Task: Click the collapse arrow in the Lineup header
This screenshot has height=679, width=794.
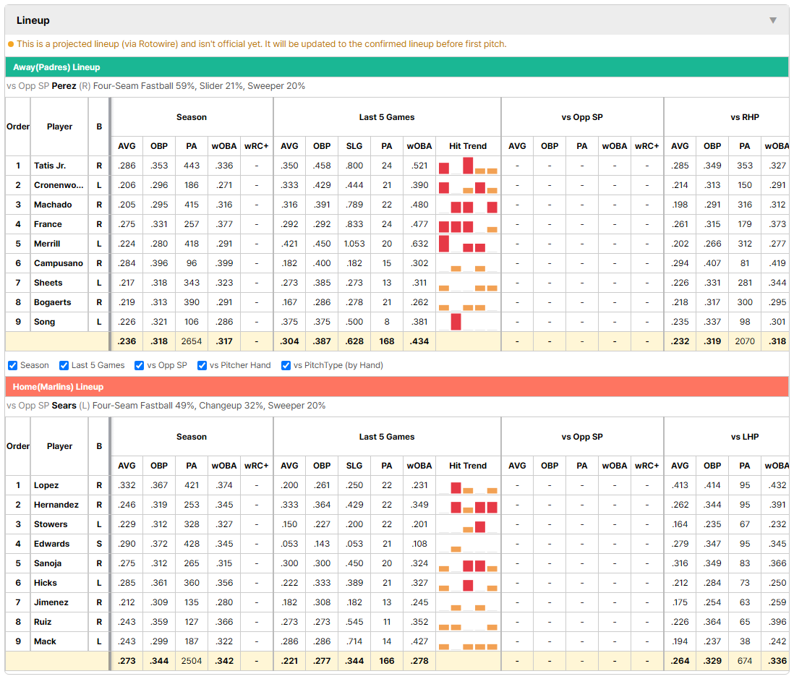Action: [773, 20]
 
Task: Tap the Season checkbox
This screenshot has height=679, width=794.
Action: [13, 366]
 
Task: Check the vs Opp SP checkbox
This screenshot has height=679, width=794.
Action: [140, 366]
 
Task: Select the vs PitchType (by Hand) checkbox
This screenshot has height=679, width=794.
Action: [286, 366]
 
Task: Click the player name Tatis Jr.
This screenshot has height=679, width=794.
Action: [50, 166]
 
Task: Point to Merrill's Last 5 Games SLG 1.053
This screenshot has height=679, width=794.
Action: [354, 244]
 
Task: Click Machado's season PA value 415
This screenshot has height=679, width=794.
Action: [192, 205]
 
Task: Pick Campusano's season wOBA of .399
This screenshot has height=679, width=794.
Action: [224, 263]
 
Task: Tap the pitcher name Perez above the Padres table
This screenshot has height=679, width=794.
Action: [64, 86]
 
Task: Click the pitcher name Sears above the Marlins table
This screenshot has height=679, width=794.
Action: [64, 406]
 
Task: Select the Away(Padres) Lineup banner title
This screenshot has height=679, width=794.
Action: [56, 67]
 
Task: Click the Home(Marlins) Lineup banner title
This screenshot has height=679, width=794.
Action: [59, 387]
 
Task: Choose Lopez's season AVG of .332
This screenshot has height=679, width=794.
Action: [127, 485]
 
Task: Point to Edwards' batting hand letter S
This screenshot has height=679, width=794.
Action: [99, 544]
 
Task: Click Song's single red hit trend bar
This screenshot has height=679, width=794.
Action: [456, 322]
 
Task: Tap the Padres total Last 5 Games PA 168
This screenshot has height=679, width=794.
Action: [387, 341]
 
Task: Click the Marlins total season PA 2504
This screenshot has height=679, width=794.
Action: [192, 661]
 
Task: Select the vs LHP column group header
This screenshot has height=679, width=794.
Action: [745, 437]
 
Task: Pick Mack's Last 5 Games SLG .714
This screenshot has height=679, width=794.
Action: [354, 641]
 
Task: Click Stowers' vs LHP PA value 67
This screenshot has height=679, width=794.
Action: [744, 524]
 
